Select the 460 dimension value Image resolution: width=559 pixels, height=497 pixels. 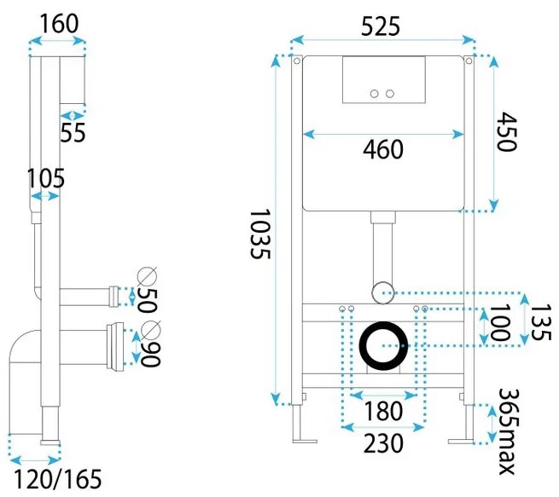click(383, 150)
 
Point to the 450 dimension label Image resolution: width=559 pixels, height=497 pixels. click(507, 132)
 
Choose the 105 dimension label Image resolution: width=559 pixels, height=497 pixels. click(45, 178)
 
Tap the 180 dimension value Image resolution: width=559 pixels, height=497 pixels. click(383, 411)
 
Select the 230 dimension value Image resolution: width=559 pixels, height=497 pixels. click(383, 443)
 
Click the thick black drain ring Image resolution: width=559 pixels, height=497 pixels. click(383, 346)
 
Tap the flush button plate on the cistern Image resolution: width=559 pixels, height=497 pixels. click(382, 79)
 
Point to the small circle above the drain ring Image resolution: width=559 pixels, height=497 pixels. click(383, 290)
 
